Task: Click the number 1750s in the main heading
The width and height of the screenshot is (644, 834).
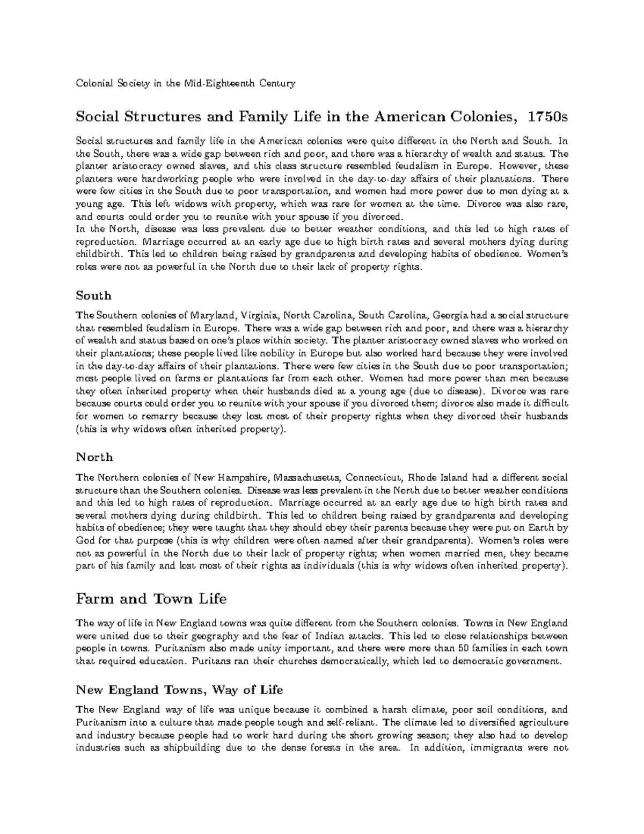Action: (548, 117)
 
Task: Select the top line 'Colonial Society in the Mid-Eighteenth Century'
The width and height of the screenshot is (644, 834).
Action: (185, 84)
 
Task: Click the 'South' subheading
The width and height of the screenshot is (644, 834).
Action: (93, 295)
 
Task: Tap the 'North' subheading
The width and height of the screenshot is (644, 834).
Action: (94, 457)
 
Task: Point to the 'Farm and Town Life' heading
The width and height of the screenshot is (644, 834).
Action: (151, 598)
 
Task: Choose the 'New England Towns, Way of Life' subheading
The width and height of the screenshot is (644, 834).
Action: (179, 690)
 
